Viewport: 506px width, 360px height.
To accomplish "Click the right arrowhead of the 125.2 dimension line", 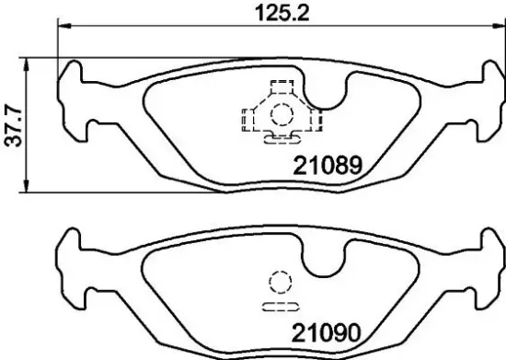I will pos(489,27).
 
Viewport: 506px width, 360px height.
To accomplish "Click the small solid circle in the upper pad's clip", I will pos(281,116).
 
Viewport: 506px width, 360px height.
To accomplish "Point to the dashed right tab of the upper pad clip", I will pos(315,117).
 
